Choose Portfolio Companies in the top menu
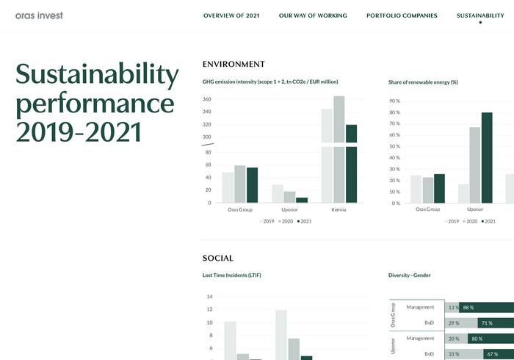pyautogui.click(x=402, y=15)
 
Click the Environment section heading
pyautogui.click(x=234, y=65)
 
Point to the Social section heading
pyautogui.click(x=218, y=259)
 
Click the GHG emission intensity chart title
pyautogui.click(x=270, y=82)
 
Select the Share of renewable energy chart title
pyautogui.click(x=423, y=82)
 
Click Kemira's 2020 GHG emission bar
pyautogui.click(x=339, y=147)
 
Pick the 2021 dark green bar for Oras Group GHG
pyautogui.click(x=252, y=184)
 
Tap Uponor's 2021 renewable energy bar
pyautogui.click(x=487, y=157)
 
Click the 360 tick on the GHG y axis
pyautogui.click(x=207, y=99)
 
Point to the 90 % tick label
pyautogui.click(x=394, y=101)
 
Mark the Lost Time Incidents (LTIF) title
pyautogui.click(x=232, y=276)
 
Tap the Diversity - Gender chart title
pyautogui.click(x=410, y=276)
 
